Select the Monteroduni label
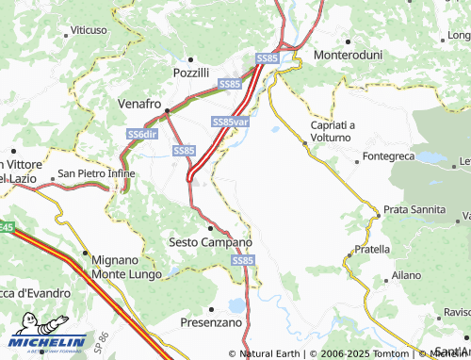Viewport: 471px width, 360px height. pyautogui.click(x=349, y=56)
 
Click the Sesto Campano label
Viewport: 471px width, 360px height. pyautogui.click(x=209, y=242)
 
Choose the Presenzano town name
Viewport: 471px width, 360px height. pyautogui.click(x=212, y=322)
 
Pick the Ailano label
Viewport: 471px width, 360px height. pyautogui.click(x=407, y=275)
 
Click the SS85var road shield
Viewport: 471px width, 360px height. pyautogui.click(x=231, y=123)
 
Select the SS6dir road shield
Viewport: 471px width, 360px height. pyautogui.click(x=142, y=135)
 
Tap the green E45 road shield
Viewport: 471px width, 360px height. pyautogui.click(x=6, y=228)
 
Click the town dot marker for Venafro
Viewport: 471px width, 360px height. pyautogui.click(x=167, y=112)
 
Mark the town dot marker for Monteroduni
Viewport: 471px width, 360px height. pyautogui.click(x=349, y=42)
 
